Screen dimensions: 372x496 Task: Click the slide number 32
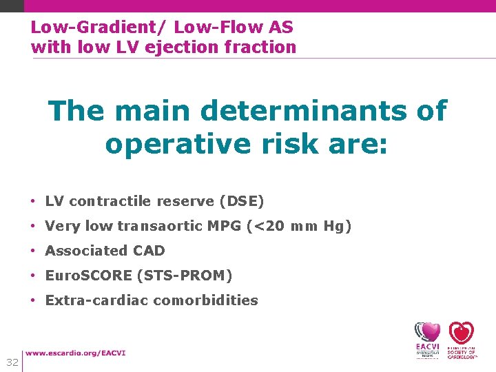point(12,362)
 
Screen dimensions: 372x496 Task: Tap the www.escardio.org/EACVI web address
point(76,353)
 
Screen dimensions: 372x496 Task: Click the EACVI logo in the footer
point(427,340)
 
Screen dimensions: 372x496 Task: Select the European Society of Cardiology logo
point(462,340)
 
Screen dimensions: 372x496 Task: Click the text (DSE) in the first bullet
point(241,201)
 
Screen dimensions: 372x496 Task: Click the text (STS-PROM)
point(185,276)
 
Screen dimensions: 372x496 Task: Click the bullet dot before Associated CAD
point(33,251)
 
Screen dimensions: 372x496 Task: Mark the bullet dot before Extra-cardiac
point(33,300)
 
